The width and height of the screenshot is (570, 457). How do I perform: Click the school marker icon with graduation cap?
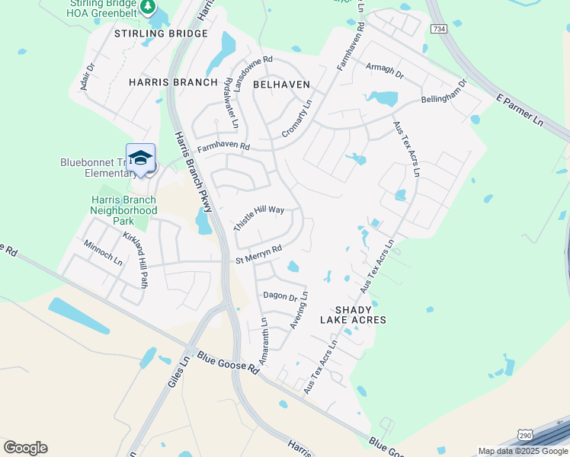point(140,158)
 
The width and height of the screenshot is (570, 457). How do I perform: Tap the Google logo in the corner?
point(25,448)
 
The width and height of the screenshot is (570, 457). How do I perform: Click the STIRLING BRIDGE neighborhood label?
point(161,34)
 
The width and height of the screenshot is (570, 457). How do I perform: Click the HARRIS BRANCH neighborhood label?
point(173,81)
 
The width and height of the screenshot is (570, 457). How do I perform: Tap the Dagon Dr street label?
point(279,296)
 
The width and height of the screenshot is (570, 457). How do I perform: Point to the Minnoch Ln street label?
point(104,251)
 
